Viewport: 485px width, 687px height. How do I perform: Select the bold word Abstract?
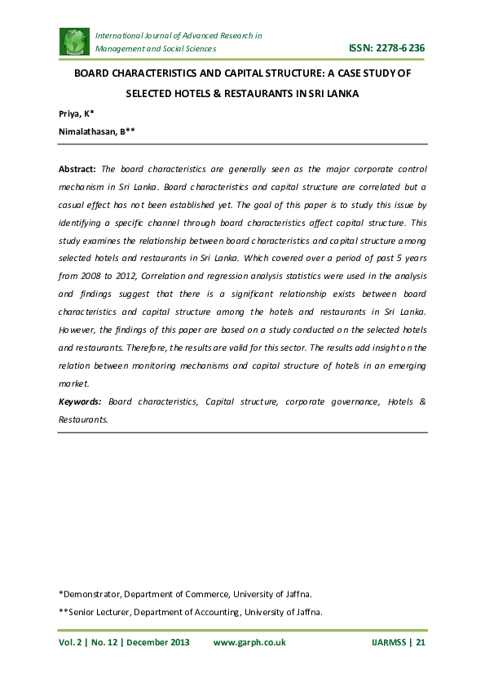click(77, 169)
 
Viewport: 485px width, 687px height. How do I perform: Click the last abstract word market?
click(74, 383)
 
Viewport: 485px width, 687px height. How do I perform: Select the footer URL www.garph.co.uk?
click(249, 642)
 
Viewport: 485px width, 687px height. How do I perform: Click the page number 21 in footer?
click(421, 642)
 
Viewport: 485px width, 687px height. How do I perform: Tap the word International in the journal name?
click(122, 36)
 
